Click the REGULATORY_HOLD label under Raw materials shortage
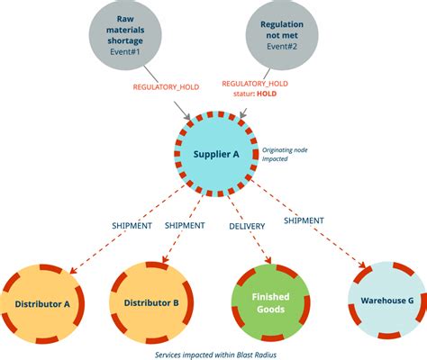tap(158, 87)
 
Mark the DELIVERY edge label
tap(247, 226)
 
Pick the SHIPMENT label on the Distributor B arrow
tap(189, 226)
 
